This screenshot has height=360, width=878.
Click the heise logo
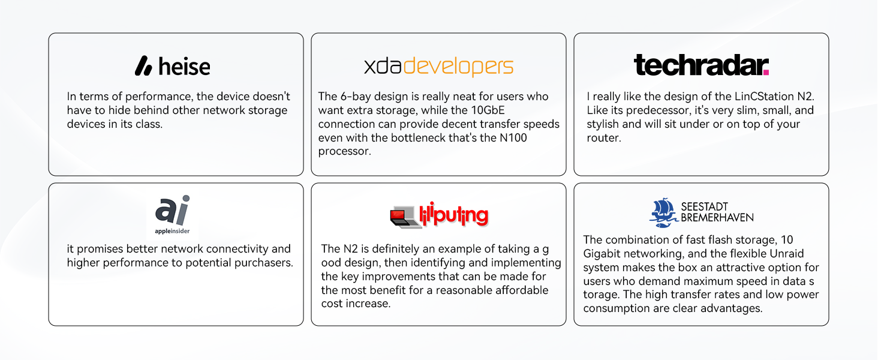point(173,66)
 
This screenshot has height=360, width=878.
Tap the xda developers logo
point(438,67)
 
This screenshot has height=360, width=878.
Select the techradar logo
point(701,65)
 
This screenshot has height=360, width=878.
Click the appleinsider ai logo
point(173,215)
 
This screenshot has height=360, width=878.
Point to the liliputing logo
point(439,215)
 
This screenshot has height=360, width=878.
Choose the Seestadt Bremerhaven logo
point(701,212)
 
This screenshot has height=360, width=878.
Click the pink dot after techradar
point(766,72)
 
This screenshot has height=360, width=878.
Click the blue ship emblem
point(663,212)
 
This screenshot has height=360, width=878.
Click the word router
point(603,137)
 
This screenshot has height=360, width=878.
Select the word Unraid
point(787,253)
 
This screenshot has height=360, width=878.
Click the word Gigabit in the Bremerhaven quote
point(602,254)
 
